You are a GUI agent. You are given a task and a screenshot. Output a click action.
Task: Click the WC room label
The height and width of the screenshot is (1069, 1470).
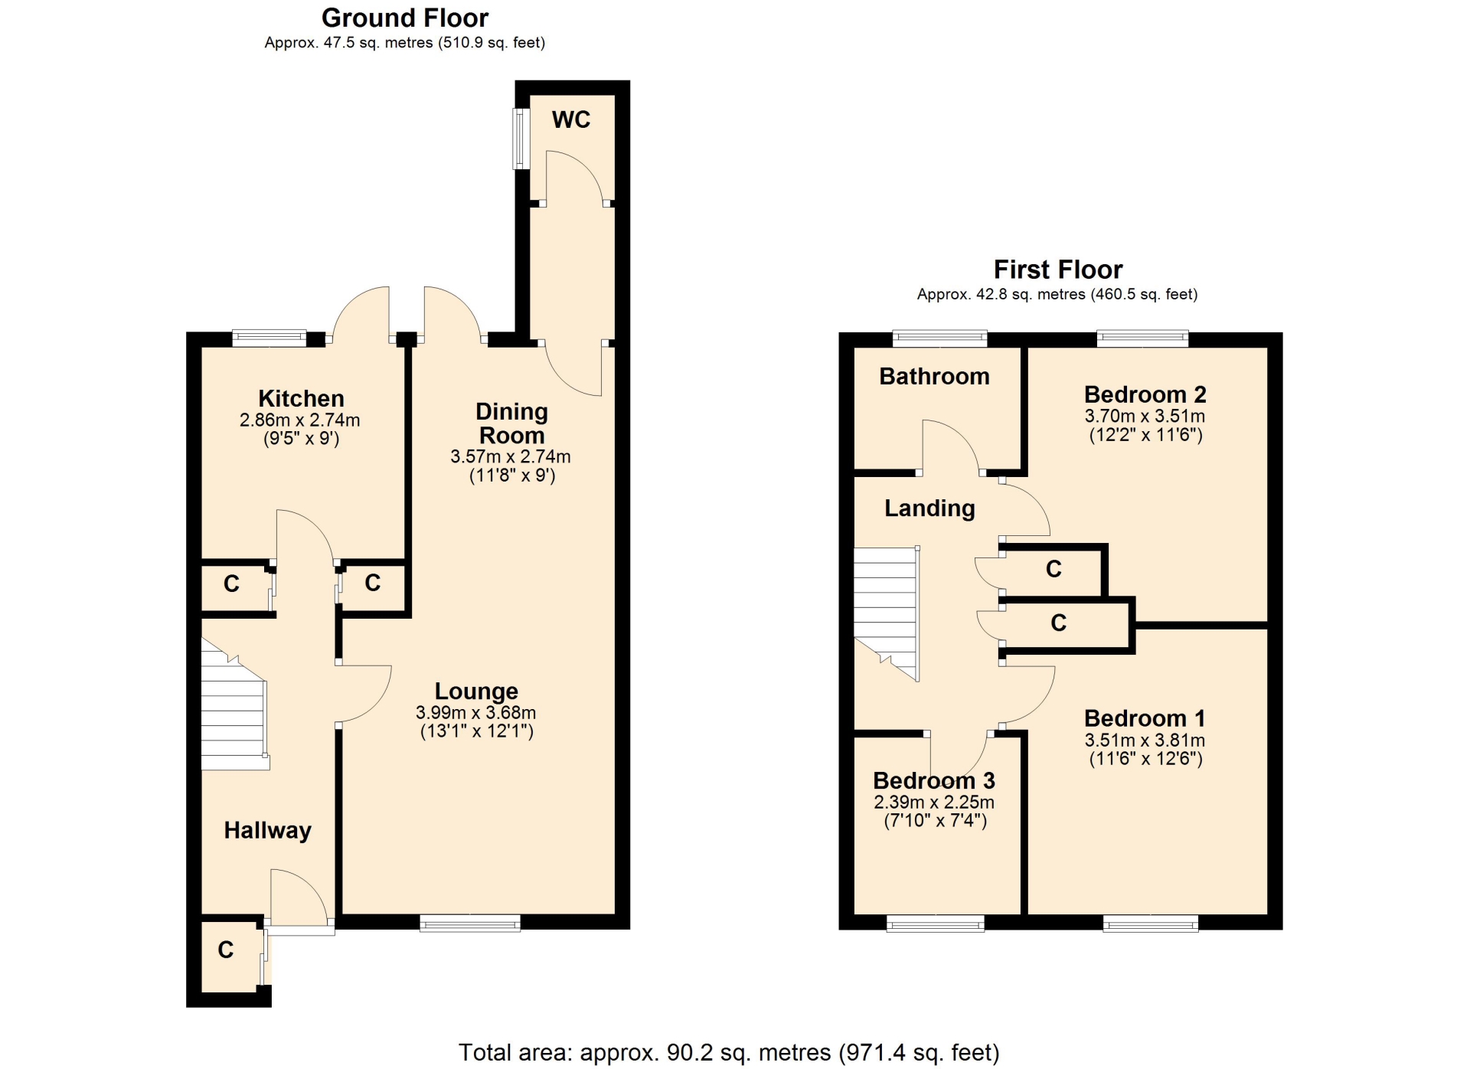point(571,119)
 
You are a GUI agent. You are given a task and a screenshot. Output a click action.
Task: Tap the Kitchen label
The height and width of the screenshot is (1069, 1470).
point(301,398)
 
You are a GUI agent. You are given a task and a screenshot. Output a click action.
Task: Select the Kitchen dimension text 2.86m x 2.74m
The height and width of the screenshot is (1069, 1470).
point(299,420)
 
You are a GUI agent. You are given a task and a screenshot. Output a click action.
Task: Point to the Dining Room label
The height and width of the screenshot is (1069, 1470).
point(511,423)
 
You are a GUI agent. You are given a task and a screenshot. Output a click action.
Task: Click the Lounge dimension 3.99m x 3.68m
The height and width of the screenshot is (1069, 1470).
point(475,712)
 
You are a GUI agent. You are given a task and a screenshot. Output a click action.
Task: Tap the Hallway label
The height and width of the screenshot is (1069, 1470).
point(267,830)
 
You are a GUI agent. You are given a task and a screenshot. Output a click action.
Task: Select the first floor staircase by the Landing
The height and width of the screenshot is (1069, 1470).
point(887,613)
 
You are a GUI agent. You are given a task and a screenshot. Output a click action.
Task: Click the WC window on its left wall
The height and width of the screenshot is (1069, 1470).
point(521,139)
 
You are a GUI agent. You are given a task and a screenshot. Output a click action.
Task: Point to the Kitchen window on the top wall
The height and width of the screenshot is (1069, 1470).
point(269,338)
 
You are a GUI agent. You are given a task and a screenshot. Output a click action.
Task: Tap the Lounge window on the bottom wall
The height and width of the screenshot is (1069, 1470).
point(470,923)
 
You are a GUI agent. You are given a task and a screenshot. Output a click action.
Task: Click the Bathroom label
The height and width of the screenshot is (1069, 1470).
point(934,376)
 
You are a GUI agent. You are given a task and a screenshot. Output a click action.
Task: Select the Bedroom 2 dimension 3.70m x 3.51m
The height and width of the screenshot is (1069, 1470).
point(1145,416)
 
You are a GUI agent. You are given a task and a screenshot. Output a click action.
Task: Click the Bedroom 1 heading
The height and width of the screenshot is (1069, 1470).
point(1145,718)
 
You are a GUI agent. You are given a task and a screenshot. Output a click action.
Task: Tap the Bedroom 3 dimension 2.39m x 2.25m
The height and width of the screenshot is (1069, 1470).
point(934,802)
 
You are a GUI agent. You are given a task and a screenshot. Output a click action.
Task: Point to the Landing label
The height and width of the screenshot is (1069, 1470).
point(929,508)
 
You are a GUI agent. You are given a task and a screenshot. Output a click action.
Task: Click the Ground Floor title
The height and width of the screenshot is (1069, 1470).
point(405,18)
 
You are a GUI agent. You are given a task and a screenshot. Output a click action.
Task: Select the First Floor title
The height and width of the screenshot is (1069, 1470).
point(1058,270)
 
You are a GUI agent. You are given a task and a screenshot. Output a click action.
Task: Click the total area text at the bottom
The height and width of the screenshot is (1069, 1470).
point(729,1053)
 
